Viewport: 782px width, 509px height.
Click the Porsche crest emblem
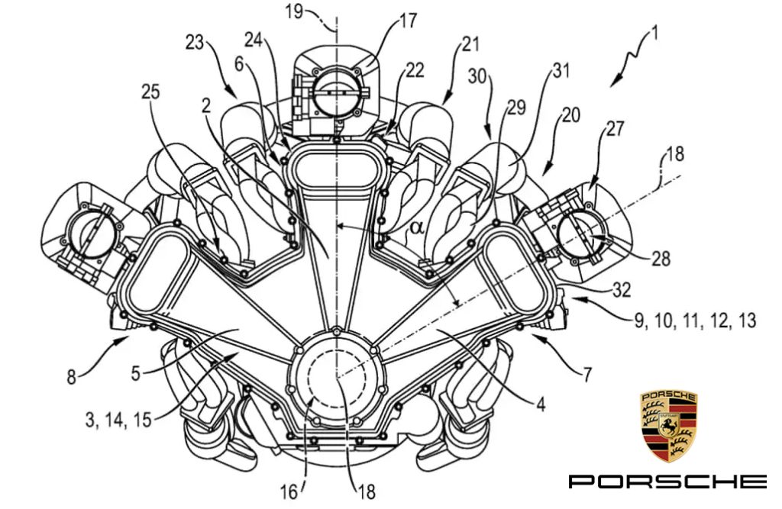pos(667,426)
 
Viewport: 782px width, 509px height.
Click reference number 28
pos(661,258)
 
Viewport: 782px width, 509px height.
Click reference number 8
pos(72,376)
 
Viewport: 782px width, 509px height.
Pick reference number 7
pos(586,373)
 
